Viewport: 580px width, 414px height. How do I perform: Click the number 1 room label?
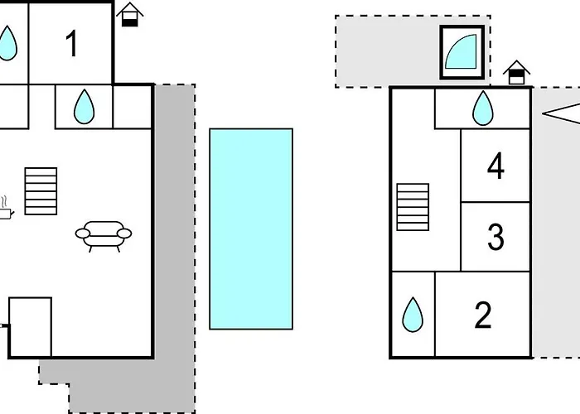pyautogui.click(x=72, y=44)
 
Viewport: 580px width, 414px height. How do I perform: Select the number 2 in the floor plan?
pyautogui.click(x=483, y=315)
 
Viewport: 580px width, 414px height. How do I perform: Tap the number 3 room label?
pyautogui.click(x=495, y=237)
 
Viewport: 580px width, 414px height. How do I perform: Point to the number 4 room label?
pyautogui.click(x=495, y=166)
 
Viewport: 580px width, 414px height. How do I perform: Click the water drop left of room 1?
pyautogui.click(x=7, y=43)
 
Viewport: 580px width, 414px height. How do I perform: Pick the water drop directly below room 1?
pyautogui.click(x=84, y=107)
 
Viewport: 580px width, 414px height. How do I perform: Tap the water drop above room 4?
pyautogui.click(x=482, y=108)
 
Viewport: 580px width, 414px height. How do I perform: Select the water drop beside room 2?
pyautogui.click(x=412, y=315)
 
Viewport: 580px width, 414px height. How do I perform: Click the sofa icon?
pyautogui.click(x=104, y=234)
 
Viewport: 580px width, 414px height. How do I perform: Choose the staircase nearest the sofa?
pyautogui.click(x=41, y=191)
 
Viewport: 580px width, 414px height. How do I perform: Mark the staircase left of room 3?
pyautogui.click(x=413, y=207)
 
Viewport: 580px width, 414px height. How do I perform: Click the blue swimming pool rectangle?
pyautogui.click(x=250, y=229)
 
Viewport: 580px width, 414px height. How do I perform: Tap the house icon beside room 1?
pyautogui.click(x=129, y=14)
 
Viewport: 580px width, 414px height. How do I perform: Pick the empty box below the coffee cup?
pyautogui.click(x=31, y=326)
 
